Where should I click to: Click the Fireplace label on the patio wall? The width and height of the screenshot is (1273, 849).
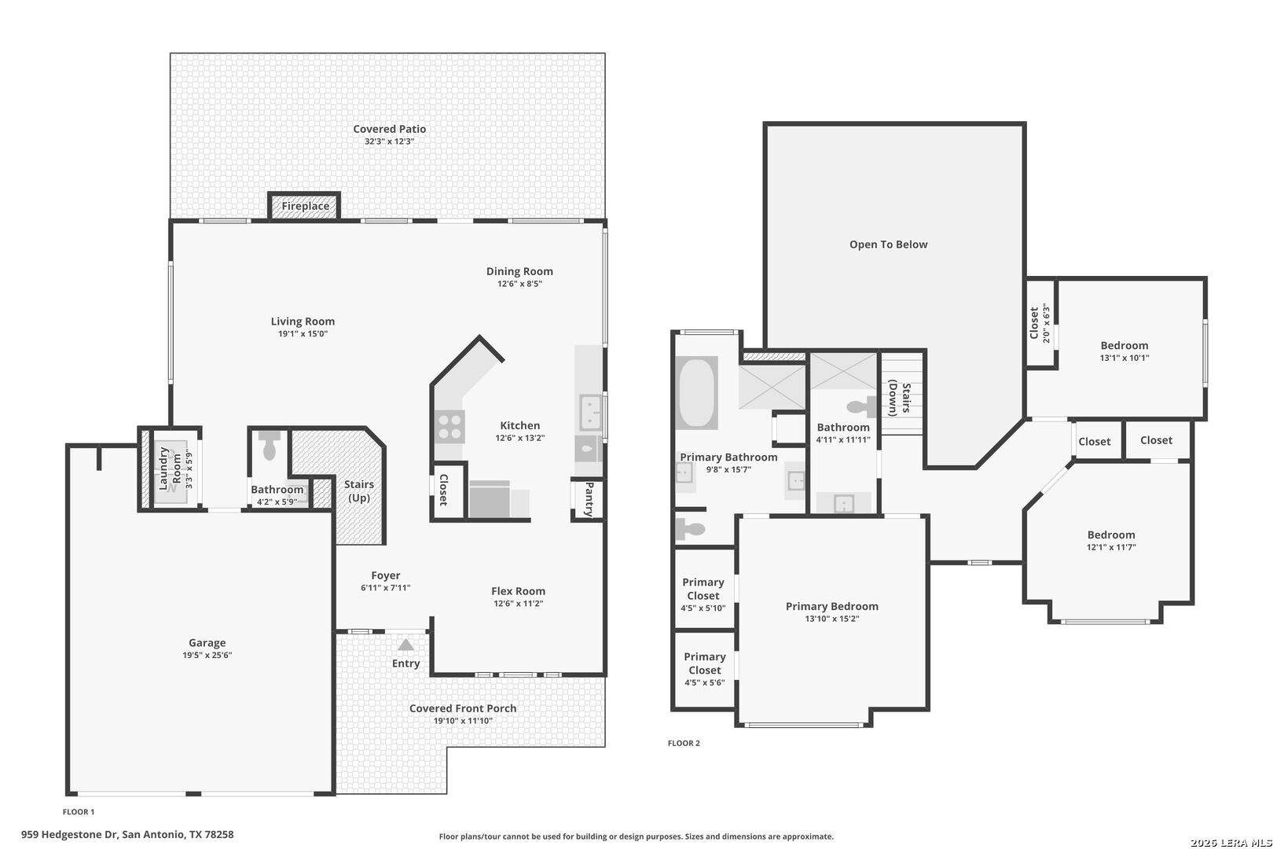pos(305,206)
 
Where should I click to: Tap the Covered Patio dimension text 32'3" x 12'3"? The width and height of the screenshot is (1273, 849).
pos(389,141)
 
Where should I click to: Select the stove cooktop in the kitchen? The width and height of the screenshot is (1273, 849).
pos(449,427)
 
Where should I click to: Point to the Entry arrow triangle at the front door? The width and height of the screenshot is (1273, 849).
pos(405,645)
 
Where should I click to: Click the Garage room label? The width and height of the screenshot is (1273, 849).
pos(207,642)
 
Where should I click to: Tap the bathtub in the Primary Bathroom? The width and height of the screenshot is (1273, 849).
pos(697,392)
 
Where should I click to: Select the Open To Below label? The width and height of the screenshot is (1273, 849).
pos(888,244)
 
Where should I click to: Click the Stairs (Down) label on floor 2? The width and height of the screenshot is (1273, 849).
pos(899,398)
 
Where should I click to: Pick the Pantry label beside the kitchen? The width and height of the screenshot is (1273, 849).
pos(589,499)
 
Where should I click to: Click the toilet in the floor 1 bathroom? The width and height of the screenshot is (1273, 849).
pos(269,445)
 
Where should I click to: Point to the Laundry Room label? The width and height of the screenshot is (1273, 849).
pos(170,469)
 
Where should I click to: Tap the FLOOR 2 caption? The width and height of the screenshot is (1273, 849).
pos(684,743)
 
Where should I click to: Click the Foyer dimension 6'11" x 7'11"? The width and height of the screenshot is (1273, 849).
pos(385,588)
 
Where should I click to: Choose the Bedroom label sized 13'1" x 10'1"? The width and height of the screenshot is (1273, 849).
pos(1124,345)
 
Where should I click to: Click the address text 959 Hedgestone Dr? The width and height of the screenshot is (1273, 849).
pos(69,834)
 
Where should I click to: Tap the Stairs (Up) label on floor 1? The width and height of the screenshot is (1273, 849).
pos(358,491)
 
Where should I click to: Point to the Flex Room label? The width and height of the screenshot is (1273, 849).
pos(518,591)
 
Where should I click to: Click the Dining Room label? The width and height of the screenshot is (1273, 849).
pos(519,271)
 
